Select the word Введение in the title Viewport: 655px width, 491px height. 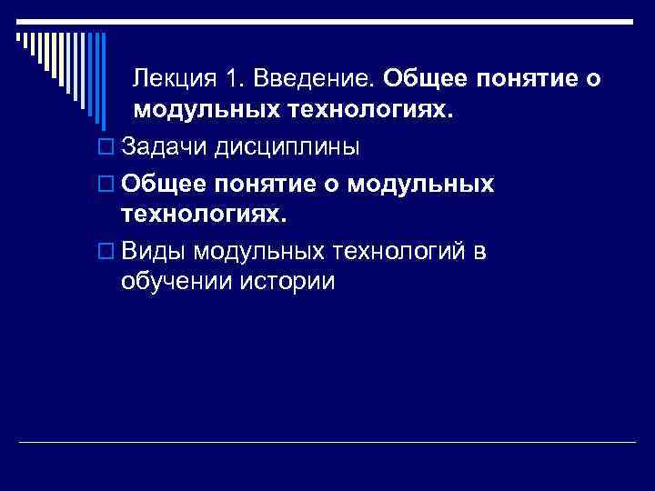pyautogui.click(x=313, y=79)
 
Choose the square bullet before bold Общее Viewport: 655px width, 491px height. pyautogui.click(x=102, y=185)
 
